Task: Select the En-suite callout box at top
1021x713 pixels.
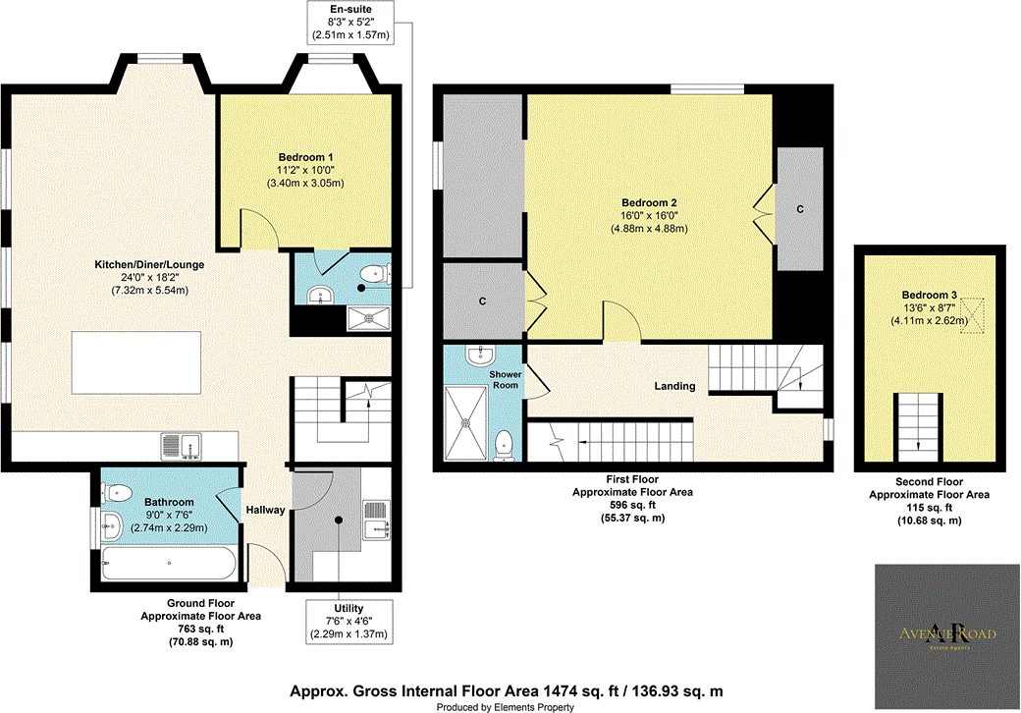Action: [350, 22]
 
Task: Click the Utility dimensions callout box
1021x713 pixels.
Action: [350, 621]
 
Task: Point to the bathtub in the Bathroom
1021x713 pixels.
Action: [169, 564]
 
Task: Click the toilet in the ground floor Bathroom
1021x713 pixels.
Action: [119, 492]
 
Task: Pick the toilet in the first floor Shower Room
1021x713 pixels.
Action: [506, 445]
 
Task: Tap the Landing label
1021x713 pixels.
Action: [675, 386]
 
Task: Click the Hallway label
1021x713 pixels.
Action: [265, 510]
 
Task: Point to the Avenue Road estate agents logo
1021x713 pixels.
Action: [946, 633]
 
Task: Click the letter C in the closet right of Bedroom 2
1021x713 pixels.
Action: [800, 209]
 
